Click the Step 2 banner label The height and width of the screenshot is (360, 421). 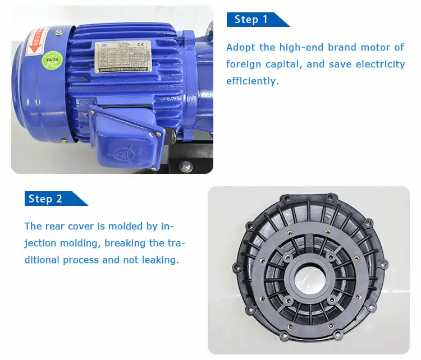45,199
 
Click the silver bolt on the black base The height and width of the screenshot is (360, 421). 186,166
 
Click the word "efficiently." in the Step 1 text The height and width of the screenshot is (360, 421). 252,81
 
